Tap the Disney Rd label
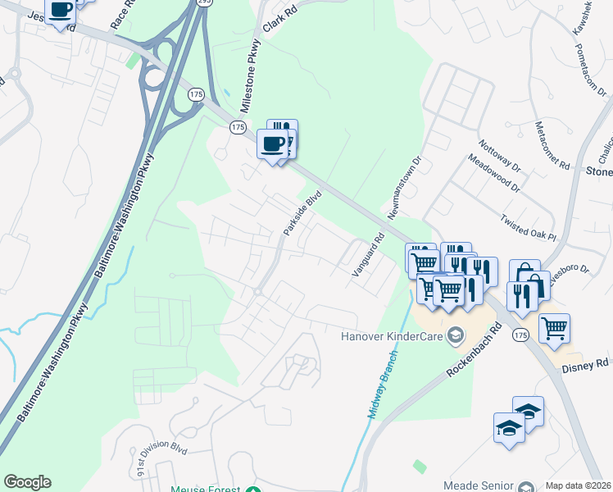click(x=585, y=363)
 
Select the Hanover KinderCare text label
click(x=393, y=335)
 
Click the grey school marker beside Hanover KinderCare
click(x=456, y=335)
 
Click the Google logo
click(x=27, y=482)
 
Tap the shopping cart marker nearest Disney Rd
click(x=555, y=328)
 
